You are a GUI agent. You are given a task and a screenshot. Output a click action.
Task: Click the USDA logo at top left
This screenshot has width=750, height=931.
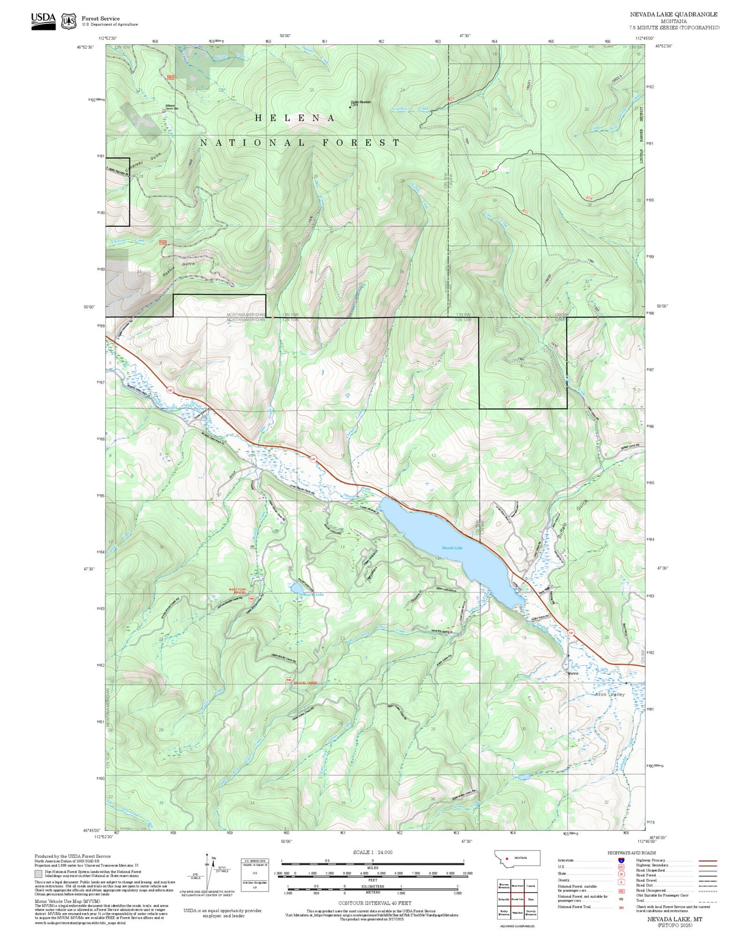[x=43, y=20]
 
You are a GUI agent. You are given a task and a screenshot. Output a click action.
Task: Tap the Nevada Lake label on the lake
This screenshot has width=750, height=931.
[x=452, y=547]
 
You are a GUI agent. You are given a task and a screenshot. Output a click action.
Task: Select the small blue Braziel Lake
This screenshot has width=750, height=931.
[x=294, y=587]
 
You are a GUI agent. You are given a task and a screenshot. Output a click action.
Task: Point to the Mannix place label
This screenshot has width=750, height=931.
[x=572, y=674]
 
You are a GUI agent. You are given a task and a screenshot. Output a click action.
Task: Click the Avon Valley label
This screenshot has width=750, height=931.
[x=610, y=694]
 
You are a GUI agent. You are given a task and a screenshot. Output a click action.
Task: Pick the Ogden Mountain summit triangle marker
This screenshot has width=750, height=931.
[x=350, y=107]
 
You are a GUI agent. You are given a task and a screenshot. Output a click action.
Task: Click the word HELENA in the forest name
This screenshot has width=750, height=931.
[x=295, y=118]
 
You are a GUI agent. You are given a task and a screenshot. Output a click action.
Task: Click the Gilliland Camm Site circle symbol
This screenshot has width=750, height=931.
[x=164, y=111]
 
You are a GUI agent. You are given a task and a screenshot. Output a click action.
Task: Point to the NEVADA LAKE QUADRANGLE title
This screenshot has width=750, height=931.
[x=674, y=15]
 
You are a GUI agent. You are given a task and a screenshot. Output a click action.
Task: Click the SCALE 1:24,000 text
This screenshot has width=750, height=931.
[x=373, y=852]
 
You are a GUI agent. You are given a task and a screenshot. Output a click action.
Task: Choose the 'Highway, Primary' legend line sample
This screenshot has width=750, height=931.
[x=707, y=860]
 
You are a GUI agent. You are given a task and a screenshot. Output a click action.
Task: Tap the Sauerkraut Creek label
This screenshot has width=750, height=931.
[x=410, y=108]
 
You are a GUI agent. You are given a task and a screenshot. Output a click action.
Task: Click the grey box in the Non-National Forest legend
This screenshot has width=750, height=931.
[x=38, y=874]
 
